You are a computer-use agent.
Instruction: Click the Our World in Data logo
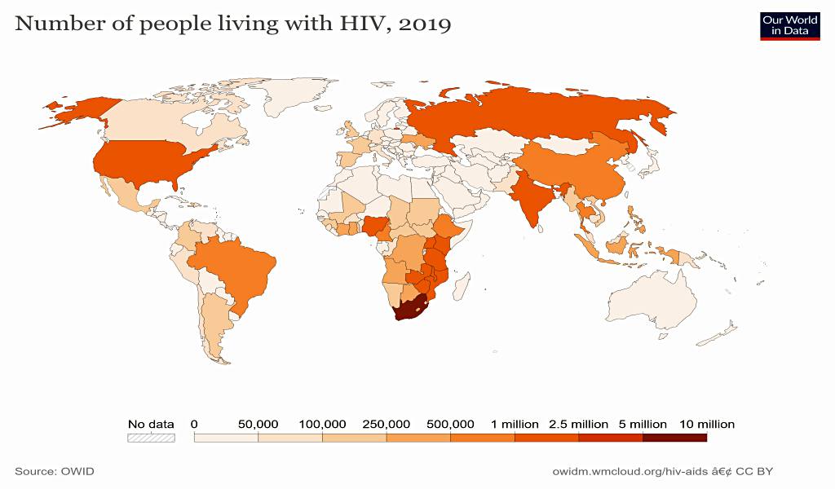tap(789, 25)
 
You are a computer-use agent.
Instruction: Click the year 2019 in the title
tap(425, 24)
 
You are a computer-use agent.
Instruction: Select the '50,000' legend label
tap(258, 424)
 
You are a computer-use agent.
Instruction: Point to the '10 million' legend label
tap(706, 424)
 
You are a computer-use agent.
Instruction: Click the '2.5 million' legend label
tap(579, 424)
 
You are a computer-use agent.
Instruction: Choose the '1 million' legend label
tap(515, 424)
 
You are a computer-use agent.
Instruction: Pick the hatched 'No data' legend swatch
tap(151, 438)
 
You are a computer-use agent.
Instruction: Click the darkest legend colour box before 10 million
tap(674, 438)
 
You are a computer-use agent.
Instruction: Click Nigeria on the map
tap(377, 225)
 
